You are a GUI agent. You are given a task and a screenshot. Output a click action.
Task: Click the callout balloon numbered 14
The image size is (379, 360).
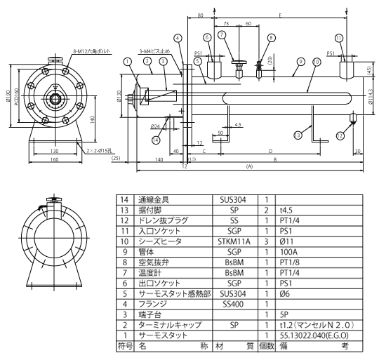[157, 140]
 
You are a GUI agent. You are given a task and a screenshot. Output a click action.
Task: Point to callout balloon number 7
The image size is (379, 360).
[222, 34]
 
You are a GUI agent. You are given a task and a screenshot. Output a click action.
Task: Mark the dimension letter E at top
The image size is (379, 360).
[280, 14]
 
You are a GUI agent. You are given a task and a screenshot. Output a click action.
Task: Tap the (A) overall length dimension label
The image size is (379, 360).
[250, 167]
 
